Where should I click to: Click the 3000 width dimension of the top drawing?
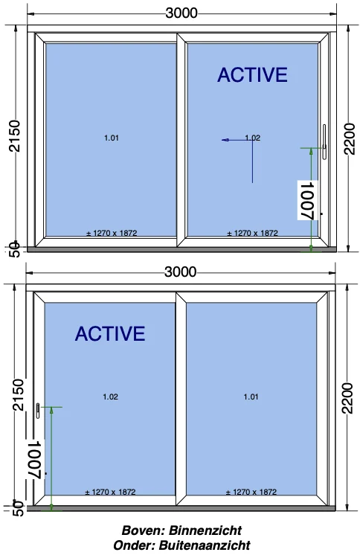(181, 13)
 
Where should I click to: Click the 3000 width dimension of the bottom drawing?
(180, 272)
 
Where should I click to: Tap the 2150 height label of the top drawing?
(15, 136)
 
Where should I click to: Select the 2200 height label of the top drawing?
(350, 138)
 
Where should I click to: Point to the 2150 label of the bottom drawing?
(18, 394)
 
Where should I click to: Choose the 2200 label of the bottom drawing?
(348, 398)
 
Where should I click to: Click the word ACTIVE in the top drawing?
(252, 74)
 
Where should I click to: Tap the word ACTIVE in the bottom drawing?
(110, 333)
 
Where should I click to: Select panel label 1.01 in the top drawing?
(111, 138)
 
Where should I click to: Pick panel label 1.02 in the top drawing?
(253, 138)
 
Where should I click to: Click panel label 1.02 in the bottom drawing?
(110, 397)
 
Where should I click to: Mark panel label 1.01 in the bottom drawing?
(251, 397)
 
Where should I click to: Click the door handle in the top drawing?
(324, 142)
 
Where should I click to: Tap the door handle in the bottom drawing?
(38, 411)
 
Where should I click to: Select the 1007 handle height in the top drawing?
(307, 200)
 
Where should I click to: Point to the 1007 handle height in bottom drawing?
(36, 459)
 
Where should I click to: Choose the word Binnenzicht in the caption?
(205, 530)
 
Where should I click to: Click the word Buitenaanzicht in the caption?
(205, 545)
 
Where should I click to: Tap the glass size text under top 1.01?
(112, 233)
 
